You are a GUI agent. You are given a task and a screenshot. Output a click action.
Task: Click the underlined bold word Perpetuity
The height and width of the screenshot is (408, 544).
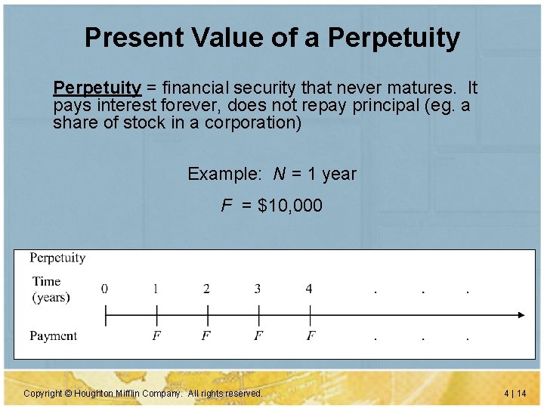coord(97,88)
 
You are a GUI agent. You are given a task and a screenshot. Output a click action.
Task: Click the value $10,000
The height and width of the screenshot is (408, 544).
coord(289,206)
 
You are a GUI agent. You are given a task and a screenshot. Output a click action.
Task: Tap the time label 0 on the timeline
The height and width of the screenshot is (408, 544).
coord(104,289)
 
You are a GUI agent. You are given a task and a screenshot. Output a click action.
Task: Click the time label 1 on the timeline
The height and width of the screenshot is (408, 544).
coord(156,289)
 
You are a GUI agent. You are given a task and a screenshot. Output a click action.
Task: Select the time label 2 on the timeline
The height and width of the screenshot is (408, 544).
coord(206,289)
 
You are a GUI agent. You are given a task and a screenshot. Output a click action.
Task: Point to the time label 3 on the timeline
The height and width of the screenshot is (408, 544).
coord(258,289)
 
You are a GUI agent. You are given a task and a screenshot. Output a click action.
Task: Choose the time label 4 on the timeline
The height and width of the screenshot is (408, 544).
coord(309,289)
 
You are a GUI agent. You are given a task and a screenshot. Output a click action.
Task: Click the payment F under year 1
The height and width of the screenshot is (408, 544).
coord(156,335)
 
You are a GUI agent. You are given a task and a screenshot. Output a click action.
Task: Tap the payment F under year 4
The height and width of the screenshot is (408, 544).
coord(311,335)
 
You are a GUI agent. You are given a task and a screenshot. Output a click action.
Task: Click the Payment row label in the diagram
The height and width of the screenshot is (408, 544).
coord(53,335)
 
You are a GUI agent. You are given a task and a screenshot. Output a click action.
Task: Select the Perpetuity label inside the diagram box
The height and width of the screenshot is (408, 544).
coord(57,258)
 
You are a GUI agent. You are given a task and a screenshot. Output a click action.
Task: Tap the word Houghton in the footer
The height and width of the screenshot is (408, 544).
coord(94,394)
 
